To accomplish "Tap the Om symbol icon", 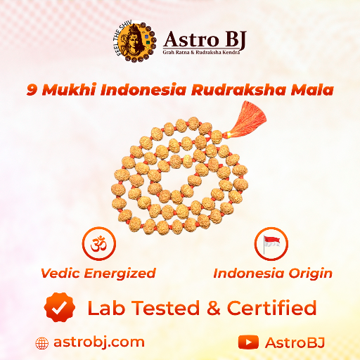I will [x=98, y=245].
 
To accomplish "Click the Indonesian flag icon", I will [x=271, y=245].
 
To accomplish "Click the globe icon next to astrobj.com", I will [x=43, y=343].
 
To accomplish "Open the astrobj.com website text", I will [x=98, y=342].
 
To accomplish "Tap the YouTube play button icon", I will [x=247, y=342].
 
